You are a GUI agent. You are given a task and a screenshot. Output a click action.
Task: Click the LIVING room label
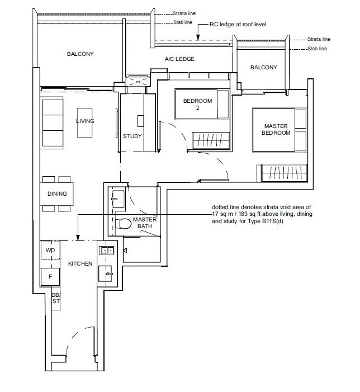(x=85, y=121)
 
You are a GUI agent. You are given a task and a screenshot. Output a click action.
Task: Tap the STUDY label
(x=132, y=136)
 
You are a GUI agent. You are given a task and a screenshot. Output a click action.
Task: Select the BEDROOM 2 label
(x=198, y=104)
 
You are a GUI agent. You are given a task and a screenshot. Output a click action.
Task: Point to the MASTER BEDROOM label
(x=276, y=129)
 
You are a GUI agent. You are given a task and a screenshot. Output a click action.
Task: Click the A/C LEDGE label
(x=179, y=59)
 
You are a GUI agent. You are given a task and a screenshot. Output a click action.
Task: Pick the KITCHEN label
(x=80, y=263)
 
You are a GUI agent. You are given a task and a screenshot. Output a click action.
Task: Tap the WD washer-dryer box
(x=50, y=251)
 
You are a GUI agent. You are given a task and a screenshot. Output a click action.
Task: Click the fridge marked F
(x=50, y=276)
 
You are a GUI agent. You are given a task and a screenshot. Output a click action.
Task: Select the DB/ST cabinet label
(x=56, y=298)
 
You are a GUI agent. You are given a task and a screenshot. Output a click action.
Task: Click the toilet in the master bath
(x=124, y=224)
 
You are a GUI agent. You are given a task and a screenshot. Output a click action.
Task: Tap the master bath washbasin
(x=118, y=199)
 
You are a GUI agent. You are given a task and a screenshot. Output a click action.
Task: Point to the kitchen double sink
(x=107, y=251)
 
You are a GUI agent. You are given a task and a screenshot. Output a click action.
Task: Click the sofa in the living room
(x=53, y=123)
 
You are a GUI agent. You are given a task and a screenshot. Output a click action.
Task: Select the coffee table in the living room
(x=85, y=123)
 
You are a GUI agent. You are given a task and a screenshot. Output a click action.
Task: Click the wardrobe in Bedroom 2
(x=211, y=140)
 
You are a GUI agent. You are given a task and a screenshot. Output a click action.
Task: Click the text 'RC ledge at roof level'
(x=238, y=24)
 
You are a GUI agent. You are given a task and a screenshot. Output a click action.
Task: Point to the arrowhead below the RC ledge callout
(x=198, y=38)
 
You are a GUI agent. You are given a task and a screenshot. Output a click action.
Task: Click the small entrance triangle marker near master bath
(x=125, y=250)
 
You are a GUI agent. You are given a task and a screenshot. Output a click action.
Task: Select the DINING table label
(x=57, y=193)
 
